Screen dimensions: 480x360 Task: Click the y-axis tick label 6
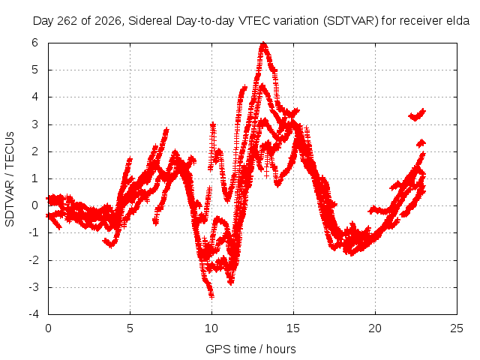click(x=34, y=43)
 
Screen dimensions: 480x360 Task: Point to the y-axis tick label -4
click(x=34, y=314)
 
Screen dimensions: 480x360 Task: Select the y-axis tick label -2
click(x=34, y=260)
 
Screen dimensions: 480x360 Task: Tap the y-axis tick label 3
click(x=34, y=124)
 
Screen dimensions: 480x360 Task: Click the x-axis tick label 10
click(x=211, y=328)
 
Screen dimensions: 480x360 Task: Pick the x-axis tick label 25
click(x=457, y=328)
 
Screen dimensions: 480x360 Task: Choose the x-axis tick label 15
click(x=293, y=328)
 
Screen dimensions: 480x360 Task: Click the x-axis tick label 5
click(x=130, y=328)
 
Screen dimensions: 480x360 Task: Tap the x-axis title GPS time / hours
click(x=250, y=349)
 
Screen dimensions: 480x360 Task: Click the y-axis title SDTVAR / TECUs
click(x=10, y=179)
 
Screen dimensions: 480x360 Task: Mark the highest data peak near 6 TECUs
click(x=263, y=43)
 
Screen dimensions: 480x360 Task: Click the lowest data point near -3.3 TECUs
click(x=211, y=295)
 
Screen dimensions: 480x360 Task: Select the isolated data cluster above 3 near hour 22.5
click(x=417, y=115)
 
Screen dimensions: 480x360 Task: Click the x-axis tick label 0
click(x=48, y=328)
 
